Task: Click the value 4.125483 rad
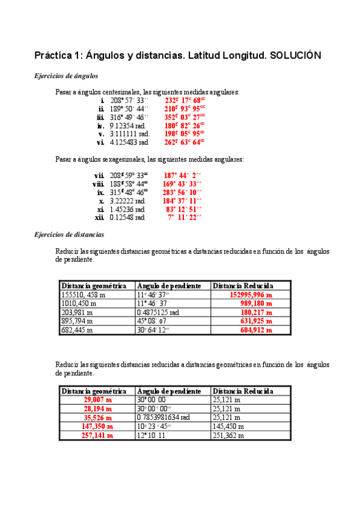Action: coord(129,142)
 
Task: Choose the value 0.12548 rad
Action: coord(127,218)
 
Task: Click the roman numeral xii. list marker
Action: coord(100,218)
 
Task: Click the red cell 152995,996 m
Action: coord(251,295)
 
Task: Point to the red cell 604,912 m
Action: coord(256,330)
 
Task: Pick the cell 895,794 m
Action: coord(79,322)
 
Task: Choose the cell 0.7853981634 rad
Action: coord(164,417)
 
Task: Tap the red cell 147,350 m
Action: coord(97,426)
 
